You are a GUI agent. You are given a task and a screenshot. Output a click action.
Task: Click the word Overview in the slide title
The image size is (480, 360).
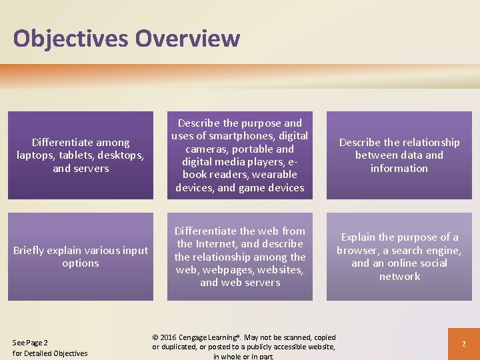tap(187, 38)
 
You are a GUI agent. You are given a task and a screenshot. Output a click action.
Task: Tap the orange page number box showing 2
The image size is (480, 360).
tap(463, 344)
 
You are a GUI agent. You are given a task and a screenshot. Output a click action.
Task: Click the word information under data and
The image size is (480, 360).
tap(399, 168)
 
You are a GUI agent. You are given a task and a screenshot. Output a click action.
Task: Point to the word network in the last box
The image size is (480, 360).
tap(399, 276)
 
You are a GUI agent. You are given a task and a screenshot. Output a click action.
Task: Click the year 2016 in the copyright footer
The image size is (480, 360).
tap(171, 337)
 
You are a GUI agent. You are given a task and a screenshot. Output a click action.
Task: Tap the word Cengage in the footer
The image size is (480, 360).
tap(203, 337)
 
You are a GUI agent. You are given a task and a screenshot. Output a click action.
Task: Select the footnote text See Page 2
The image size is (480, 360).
tap(30, 343)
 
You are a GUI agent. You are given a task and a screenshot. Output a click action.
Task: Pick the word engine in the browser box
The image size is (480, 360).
tap(443, 250)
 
